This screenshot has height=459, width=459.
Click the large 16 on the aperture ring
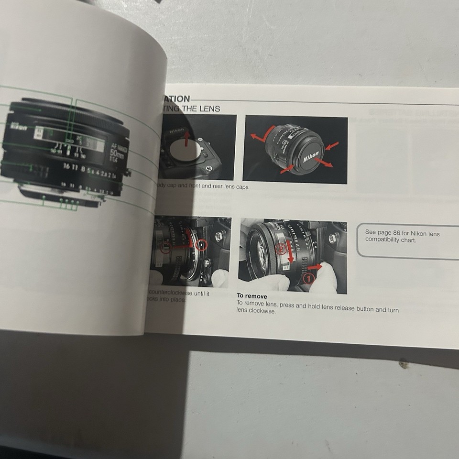point(66,166)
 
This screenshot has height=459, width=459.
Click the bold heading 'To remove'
point(252,296)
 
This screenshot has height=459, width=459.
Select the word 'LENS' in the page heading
point(210,109)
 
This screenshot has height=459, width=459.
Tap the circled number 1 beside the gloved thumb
point(309,277)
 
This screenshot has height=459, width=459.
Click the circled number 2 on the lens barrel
point(282,248)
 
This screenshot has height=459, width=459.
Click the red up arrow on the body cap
point(186,139)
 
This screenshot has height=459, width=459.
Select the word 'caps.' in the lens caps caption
point(241,187)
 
